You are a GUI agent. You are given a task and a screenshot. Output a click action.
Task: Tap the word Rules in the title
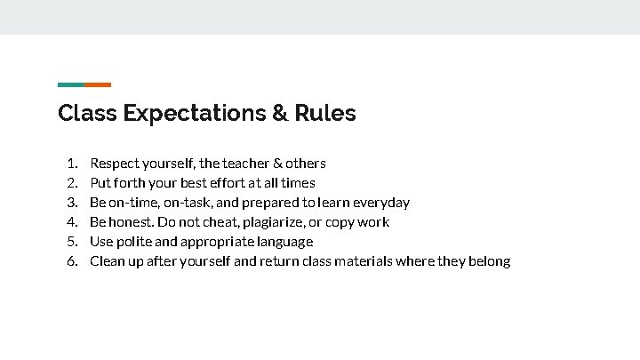325,114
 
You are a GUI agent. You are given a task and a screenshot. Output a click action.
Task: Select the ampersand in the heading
280,114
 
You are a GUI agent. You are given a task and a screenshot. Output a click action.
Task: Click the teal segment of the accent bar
71,84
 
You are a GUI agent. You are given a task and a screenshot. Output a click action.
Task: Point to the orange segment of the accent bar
98,84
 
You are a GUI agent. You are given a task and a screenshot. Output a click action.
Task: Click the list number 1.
72,164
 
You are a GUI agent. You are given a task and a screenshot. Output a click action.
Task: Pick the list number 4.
72,222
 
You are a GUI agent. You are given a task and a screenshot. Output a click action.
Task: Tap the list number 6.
72,261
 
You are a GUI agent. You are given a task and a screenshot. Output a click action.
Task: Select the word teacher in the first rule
246,164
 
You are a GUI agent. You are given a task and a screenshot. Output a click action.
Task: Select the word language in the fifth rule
286,242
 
